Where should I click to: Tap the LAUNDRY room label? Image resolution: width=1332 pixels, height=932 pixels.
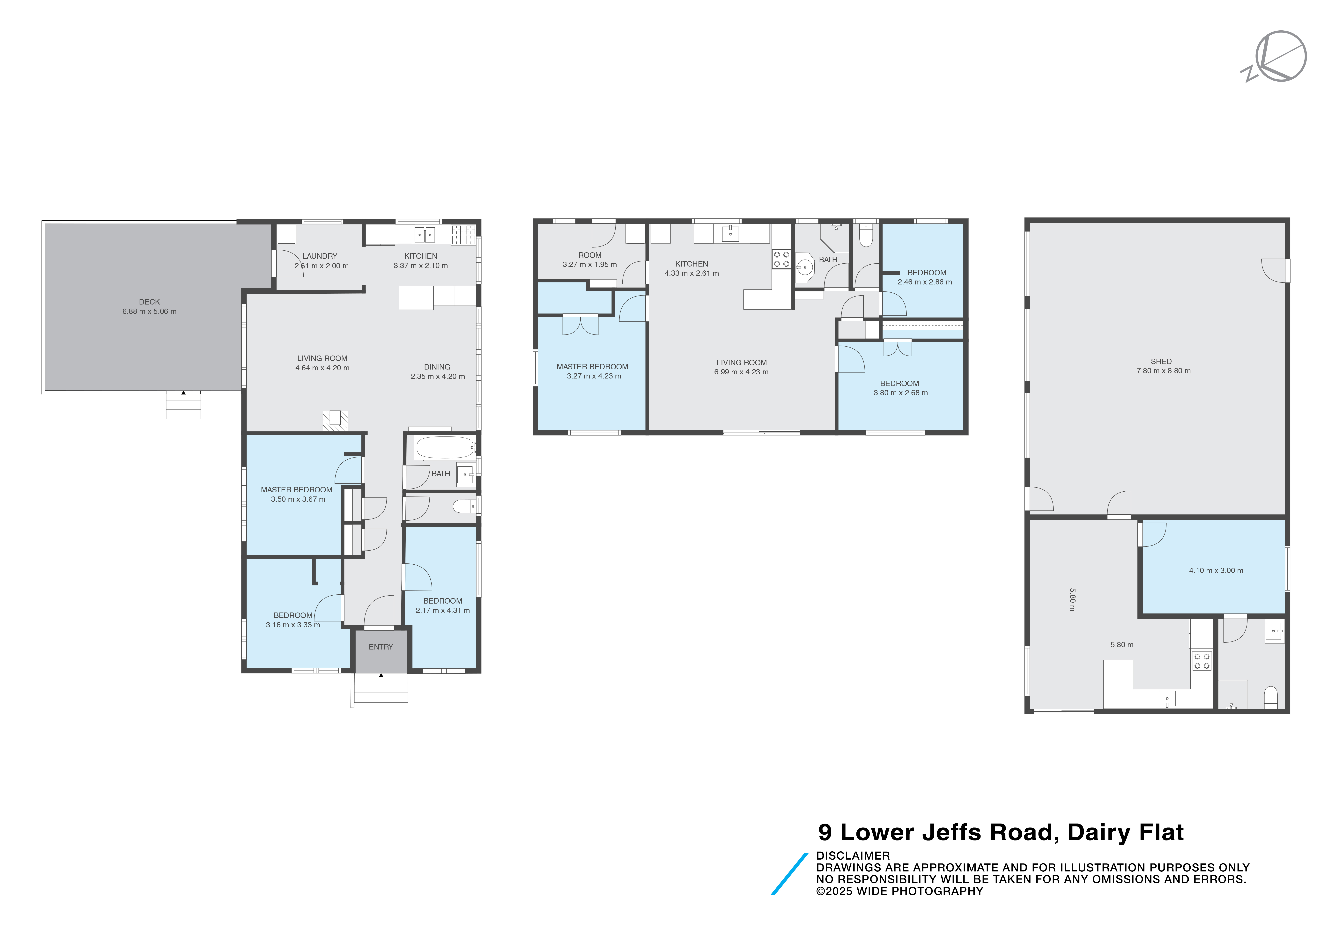320,256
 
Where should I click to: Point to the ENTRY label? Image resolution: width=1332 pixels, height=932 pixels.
381,647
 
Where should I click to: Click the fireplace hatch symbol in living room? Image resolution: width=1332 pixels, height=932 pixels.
335,421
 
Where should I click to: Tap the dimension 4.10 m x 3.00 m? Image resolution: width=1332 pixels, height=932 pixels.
1216,571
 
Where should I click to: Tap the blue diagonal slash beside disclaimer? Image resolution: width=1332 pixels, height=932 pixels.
789,874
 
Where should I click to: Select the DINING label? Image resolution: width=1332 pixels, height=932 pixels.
437,367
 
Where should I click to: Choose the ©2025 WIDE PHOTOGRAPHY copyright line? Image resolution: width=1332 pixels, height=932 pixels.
899,891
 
